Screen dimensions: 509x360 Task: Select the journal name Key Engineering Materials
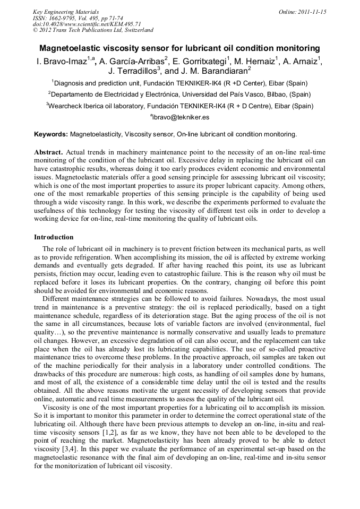click(66, 12)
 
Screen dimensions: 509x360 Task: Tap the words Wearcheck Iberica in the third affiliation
click(75, 106)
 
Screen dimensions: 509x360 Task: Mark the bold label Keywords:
click(51, 134)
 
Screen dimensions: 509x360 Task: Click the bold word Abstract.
click(49, 152)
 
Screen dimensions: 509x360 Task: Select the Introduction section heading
click(54, 237)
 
